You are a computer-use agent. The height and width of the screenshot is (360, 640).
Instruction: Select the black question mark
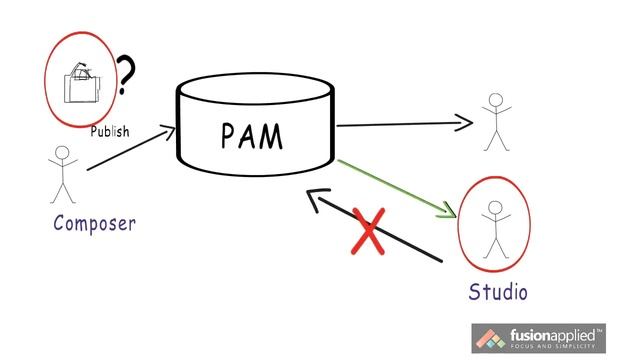[126, 76]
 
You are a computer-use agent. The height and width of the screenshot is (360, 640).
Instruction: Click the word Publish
[109, 131]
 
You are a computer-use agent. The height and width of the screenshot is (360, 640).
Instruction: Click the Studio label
[498, 292]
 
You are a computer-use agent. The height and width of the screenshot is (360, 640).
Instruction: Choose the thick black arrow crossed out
[375, 229]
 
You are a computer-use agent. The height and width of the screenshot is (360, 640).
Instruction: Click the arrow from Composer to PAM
[129, 149]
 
